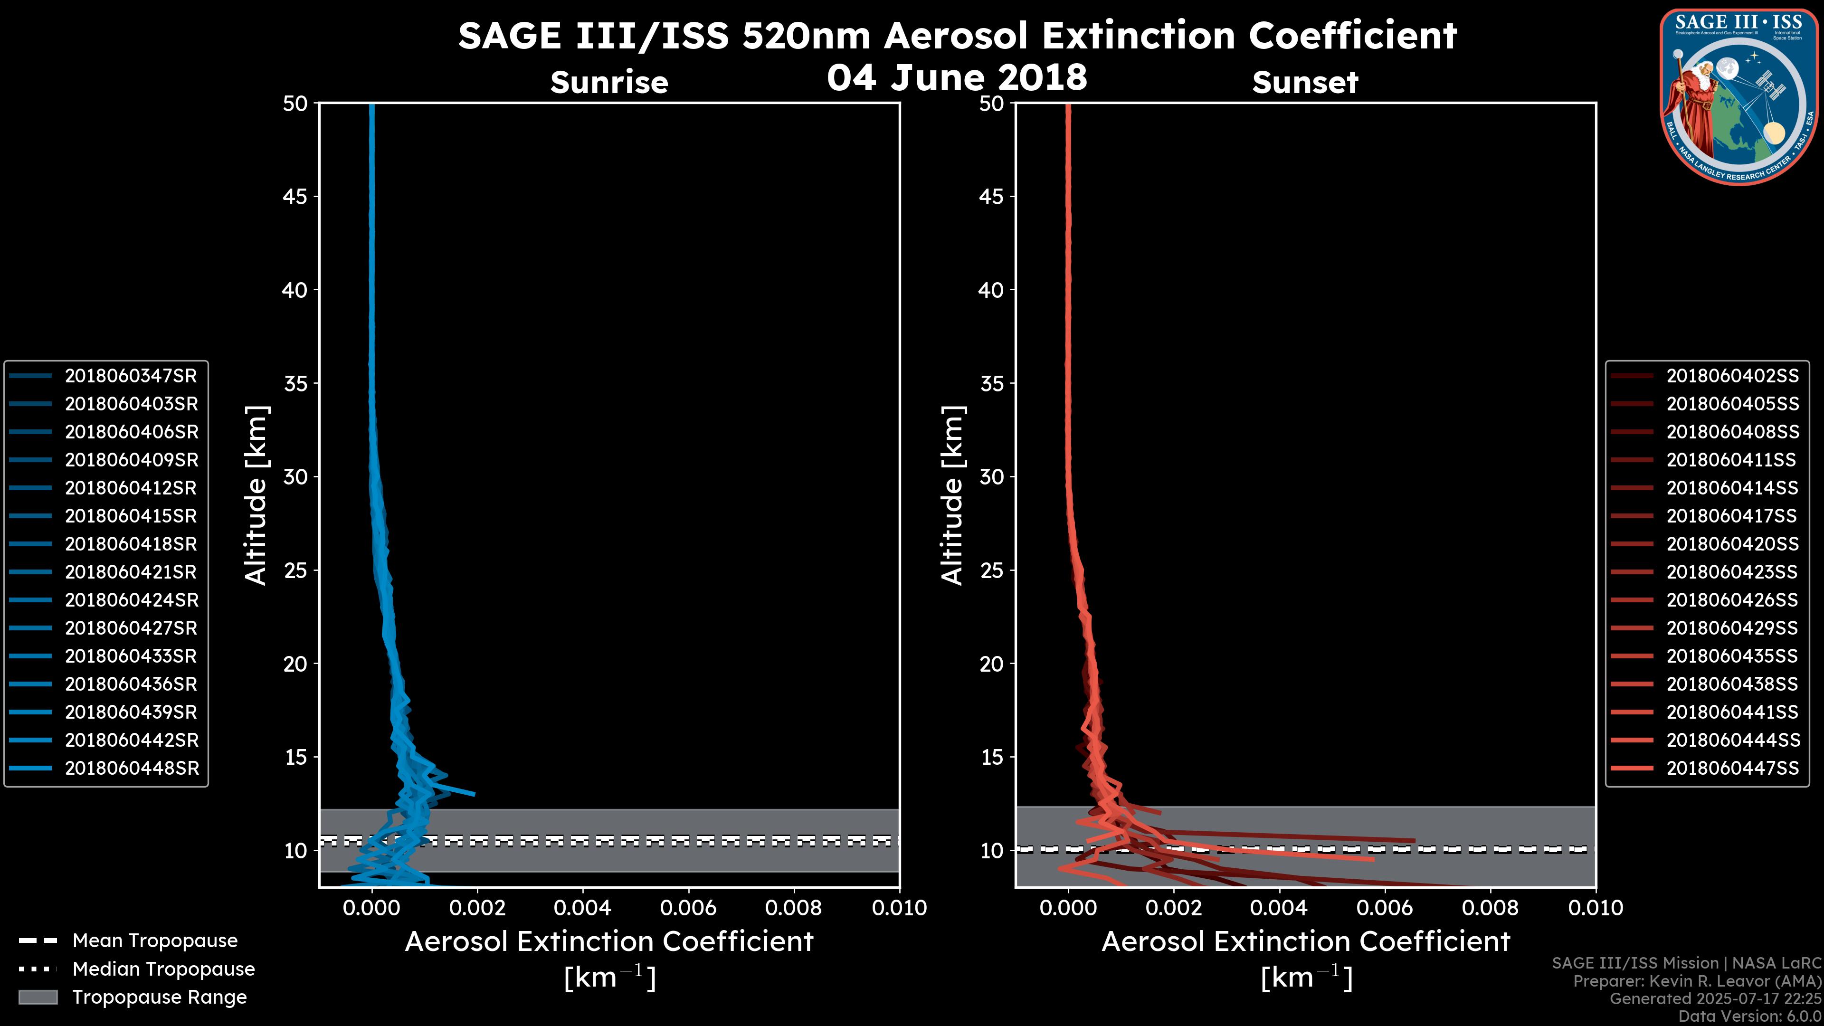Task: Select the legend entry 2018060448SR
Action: pyautogui.click(x=132, y=768)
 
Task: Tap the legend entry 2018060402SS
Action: pyautogui.click(x=1732, y=376)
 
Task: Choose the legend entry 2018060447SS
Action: pyautogui.click(x=1732, y=768)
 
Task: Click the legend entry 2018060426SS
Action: pyautogui.click(x=1732, y=600)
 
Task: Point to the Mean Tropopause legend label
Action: pyautogui.click(x=155, y=941)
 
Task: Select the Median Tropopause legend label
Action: pyautogui.click(x=163, y=969)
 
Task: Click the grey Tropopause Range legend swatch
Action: pyautogui.click(x=38, y=997)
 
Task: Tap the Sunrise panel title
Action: pyautogui.click(x=609, y=83)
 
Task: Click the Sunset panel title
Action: pyautogui.click(x=1305, y=83)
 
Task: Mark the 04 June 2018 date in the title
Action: pyautogui.click(x=957, y=77)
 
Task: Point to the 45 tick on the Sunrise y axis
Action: pyautogui.click(x=295, y=197)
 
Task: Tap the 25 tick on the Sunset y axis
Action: pyautogui.click(x=991, y=570)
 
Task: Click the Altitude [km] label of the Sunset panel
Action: pyautogui.click(x=952, y=495)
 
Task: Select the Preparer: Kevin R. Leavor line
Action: pyautogui.click(x=1697, y=981)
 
